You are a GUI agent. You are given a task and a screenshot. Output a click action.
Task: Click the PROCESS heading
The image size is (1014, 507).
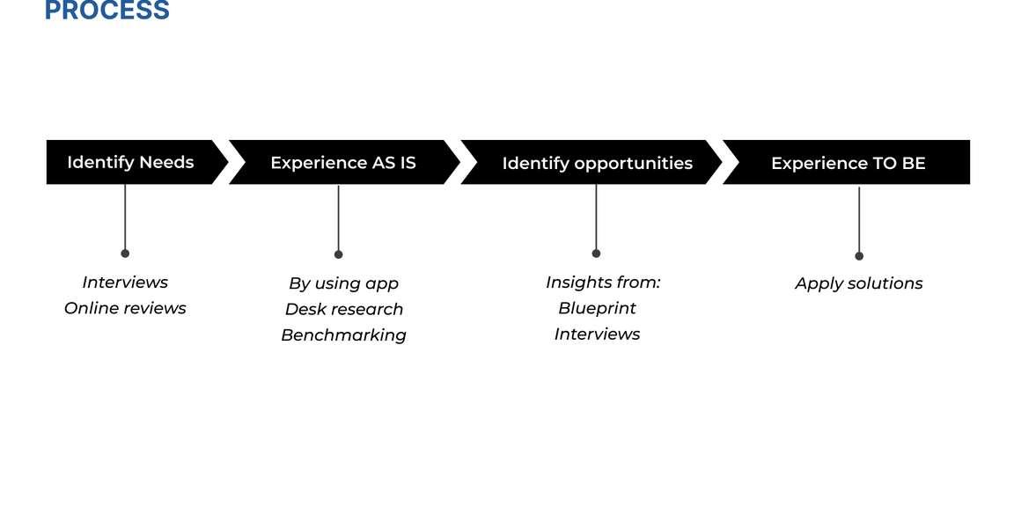point(107,11)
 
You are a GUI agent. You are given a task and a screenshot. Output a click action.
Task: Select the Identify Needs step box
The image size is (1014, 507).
point(130,162)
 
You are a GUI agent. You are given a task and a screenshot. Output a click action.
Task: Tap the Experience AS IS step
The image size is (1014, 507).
point(343,163)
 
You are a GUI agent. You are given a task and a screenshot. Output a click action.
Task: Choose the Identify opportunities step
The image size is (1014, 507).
point(597,163)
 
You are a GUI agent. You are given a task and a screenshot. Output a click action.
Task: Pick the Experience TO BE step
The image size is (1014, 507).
point(848,163)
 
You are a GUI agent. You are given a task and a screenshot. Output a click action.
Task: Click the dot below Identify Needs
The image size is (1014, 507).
point(125,253)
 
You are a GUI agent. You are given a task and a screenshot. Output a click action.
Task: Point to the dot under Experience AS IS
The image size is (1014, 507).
point(338,254)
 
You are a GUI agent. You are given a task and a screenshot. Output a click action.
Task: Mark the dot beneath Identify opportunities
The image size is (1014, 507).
point(596,253)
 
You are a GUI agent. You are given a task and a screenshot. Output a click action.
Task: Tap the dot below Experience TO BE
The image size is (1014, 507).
point(859,256)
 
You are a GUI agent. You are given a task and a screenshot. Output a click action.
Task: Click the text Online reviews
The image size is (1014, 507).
point(125,308)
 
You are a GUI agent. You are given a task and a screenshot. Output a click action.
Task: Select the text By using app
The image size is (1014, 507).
point(343,283)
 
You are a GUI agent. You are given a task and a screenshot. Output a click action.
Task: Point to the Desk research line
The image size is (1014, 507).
point(343,309)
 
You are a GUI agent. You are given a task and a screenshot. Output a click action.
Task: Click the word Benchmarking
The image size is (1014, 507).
point(343,334)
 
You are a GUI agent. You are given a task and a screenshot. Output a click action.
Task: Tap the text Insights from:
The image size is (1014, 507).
point(602,283)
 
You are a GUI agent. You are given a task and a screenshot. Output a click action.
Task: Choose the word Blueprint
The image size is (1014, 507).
point(597,308)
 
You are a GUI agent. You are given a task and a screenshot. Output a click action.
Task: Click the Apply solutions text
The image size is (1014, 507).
point(858,283)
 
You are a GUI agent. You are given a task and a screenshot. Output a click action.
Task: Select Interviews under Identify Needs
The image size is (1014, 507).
point(125,283)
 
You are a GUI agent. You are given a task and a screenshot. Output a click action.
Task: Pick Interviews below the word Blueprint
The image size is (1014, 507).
point(597,334)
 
